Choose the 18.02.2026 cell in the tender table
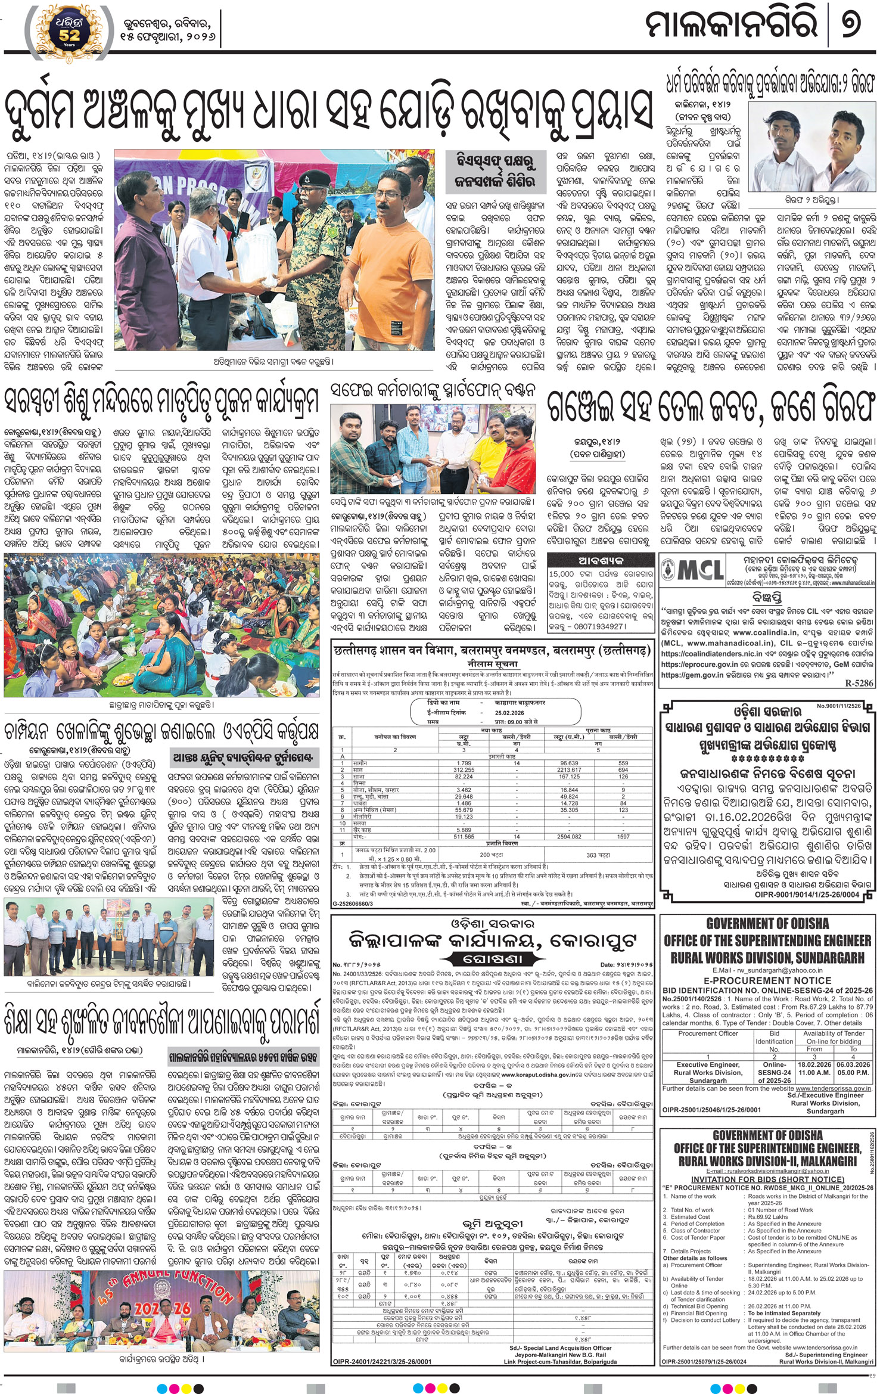pos(814,1064)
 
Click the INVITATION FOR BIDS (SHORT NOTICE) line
pos(767,1179)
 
